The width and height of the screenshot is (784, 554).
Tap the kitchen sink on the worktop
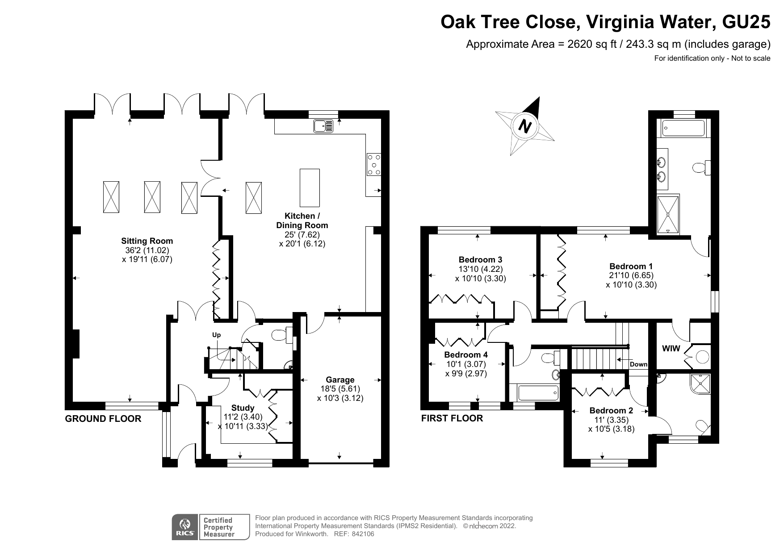(x=323, y=126)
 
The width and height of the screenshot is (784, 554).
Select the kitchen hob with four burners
(x=373, y=164)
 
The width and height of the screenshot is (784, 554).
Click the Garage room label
(x=340, y=380)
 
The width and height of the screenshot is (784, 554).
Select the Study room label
(x=243, y=408)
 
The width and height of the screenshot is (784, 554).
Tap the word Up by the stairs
(x=216, y=335)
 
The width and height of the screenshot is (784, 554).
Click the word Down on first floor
(x=638, y=364)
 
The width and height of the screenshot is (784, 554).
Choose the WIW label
(x=671, y=348)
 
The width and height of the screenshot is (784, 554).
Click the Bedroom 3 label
(x=480, y=259)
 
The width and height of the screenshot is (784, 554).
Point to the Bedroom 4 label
(x=465, y=355)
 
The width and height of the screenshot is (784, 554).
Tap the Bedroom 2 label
(x=611, y=411)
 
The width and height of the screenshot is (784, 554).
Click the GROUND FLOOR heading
(x=103, y=419)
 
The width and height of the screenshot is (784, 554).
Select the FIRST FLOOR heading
(x=452, y=418)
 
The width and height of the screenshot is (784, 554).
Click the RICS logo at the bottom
(x=184, y=527)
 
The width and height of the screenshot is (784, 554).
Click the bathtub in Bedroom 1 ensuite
(x=683, y=128)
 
